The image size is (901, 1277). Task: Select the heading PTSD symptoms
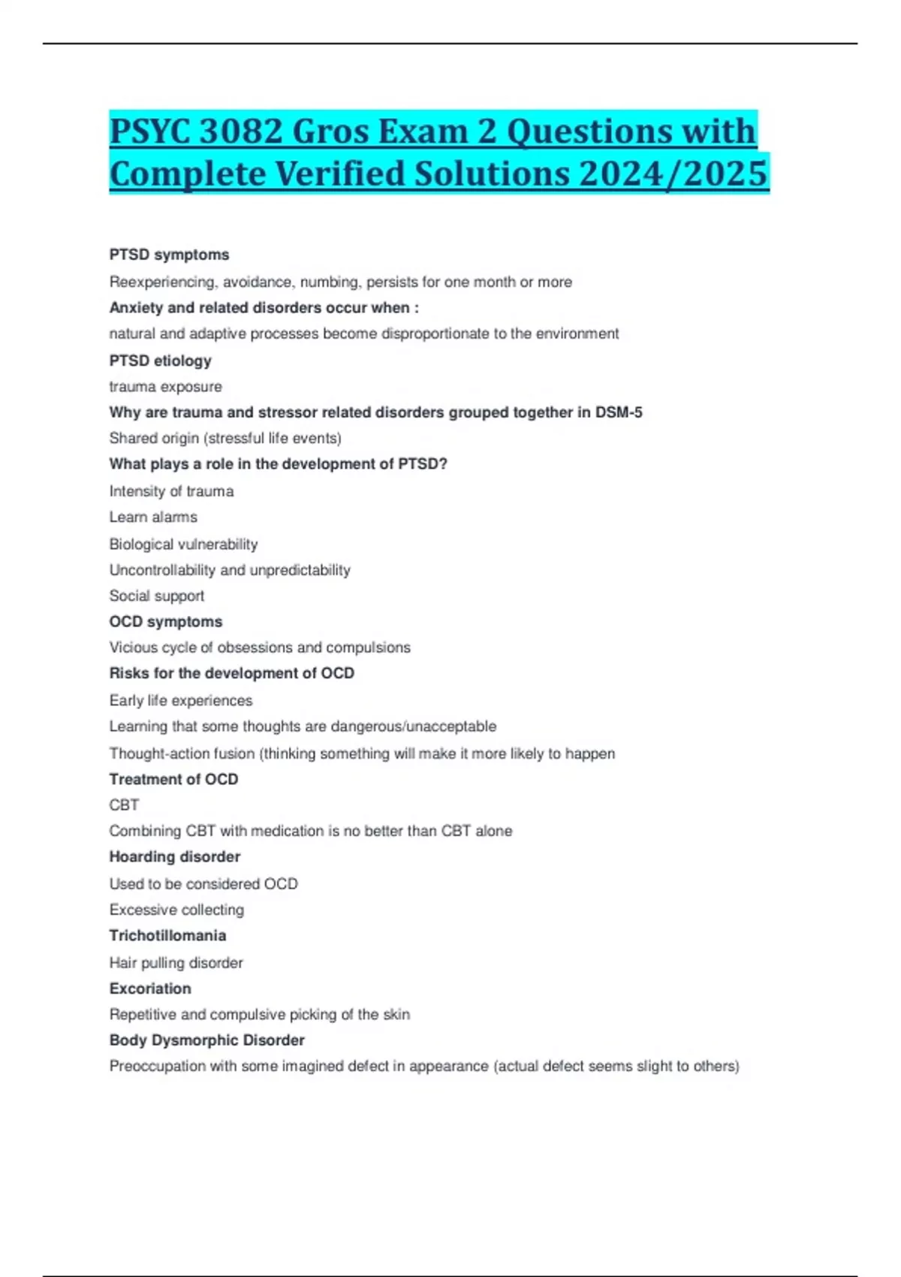(169, 255)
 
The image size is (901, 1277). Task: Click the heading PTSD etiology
(160, 361)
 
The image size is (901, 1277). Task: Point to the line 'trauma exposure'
(165, 387)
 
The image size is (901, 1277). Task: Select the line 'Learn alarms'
(153, 518)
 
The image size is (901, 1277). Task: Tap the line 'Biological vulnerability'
(183, 544)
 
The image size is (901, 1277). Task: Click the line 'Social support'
(156, 596)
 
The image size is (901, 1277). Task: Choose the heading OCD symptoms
(165, 622)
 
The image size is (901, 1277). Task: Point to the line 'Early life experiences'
(181, 700)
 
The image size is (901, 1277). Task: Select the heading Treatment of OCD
(173, 779)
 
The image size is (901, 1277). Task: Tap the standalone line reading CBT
(124, 805)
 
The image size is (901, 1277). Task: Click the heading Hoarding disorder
(174, 857)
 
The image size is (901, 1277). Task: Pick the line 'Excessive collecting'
(176, 910)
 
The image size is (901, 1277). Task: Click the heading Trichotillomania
(167, 936)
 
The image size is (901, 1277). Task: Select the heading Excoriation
(150, 989)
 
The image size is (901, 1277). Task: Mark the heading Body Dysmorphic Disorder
(206, 1040)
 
